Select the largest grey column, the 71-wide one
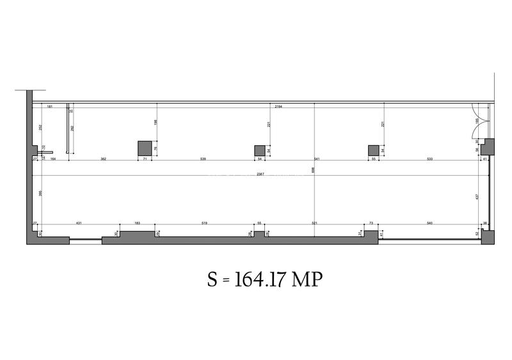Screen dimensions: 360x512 pos(145,148)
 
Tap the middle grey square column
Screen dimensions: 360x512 pos(260,150)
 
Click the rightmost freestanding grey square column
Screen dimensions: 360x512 pos(374,150)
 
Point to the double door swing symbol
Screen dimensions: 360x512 pos(479,121)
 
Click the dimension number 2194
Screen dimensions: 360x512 pos(278,106)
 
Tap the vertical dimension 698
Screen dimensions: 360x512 pos(313,170)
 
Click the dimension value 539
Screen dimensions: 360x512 pos(203,157)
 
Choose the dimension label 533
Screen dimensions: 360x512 pos(429,157)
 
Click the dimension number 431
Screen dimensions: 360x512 pos(79,223)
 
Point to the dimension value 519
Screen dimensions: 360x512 pos(204,223)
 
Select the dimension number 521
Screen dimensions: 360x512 pos(315,223)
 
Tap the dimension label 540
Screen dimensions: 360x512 pos(429,223)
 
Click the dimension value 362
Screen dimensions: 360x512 pos(102,157)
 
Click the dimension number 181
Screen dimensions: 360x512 pos(49,106)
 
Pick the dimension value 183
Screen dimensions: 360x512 pos(137,223)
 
